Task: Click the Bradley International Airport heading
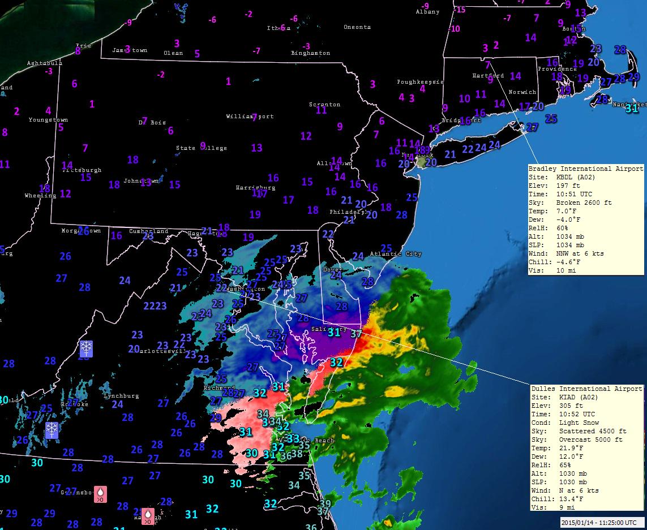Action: coord(585,169)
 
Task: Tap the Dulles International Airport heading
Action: coord(586,389)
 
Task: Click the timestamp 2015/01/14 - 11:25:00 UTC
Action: coord(601,523)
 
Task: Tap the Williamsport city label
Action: coord(250,117)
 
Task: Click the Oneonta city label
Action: coord(357,27)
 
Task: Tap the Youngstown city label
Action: coord(48,120)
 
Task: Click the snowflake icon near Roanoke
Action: coord(52,429)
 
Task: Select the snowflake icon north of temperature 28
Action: coord(86,348)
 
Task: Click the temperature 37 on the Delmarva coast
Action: coord(355,334)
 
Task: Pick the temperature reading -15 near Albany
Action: coord(460,10)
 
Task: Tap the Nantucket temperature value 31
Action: coord(632,109)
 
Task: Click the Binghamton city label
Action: coord(310,53)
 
